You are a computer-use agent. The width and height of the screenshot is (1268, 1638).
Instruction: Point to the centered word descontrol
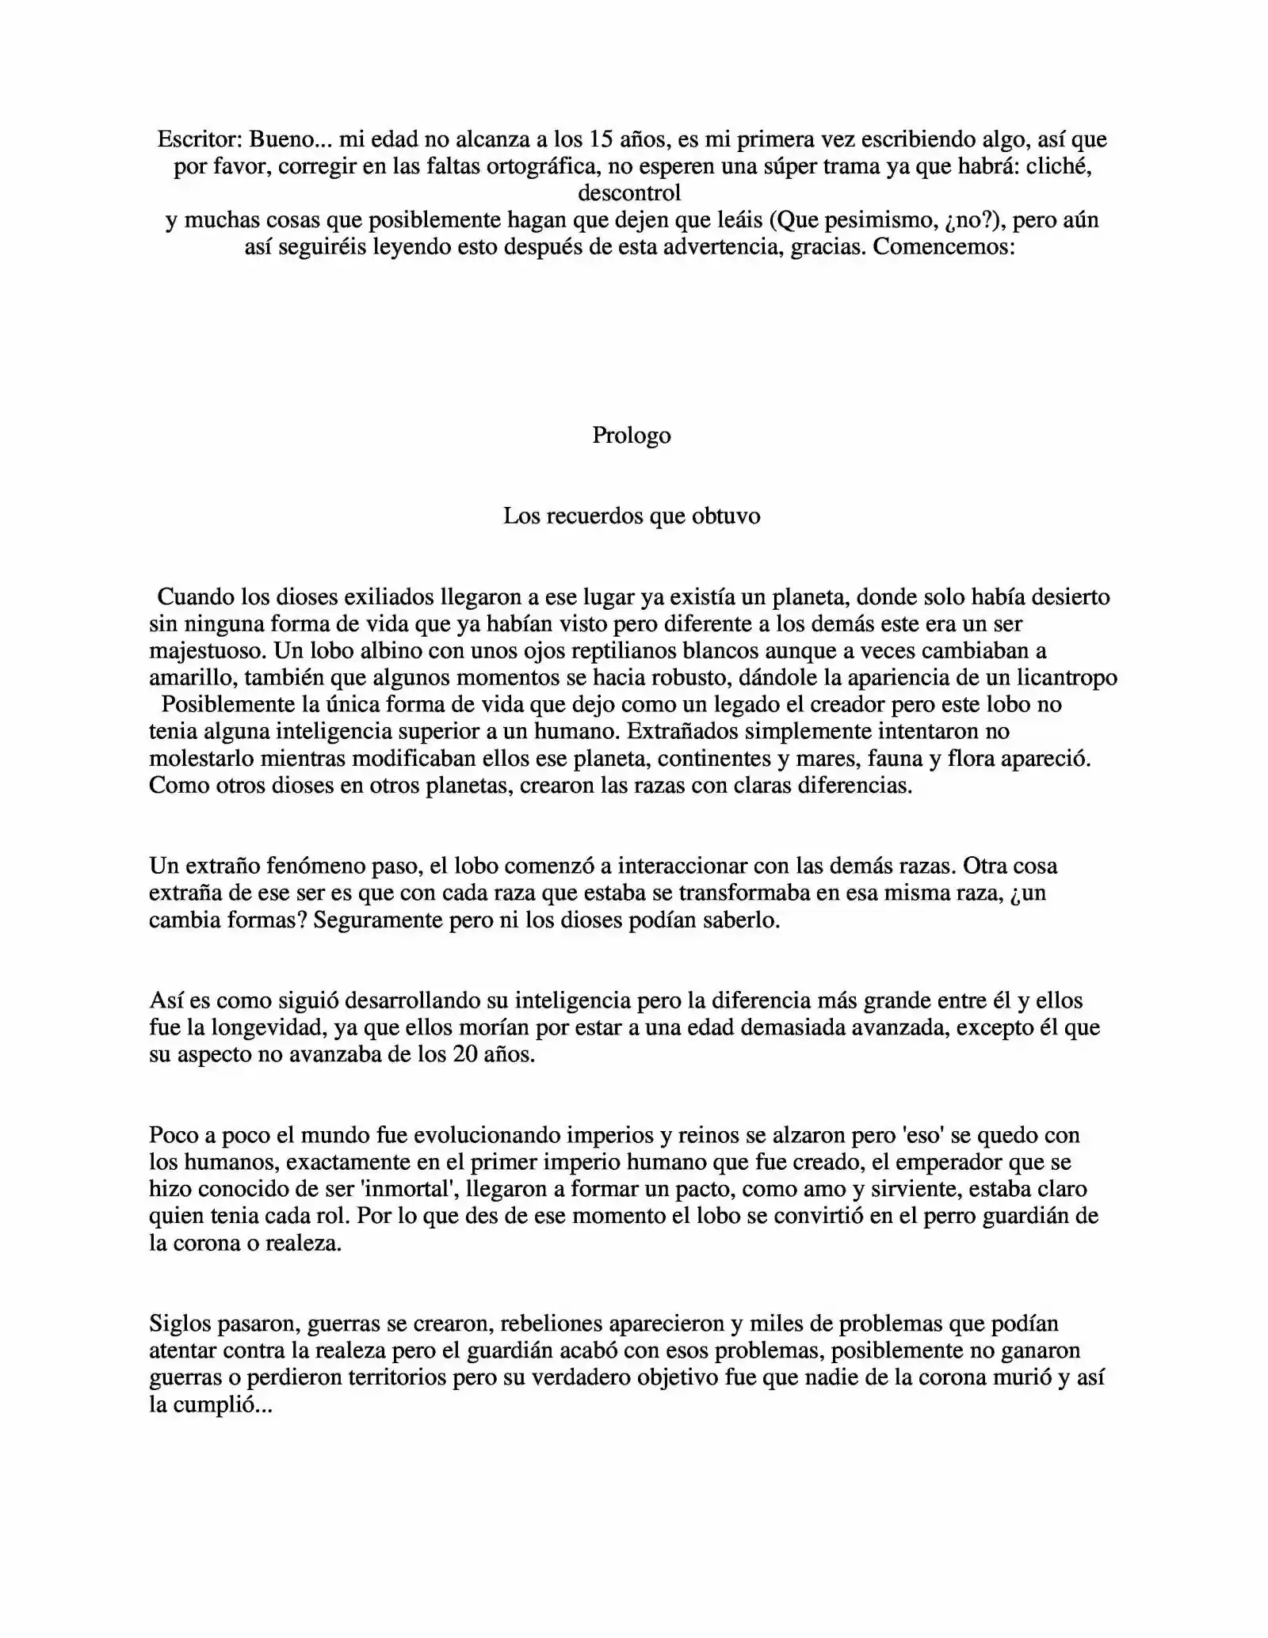tap(629, 193)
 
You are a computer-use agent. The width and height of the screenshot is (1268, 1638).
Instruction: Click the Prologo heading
tap(632, 436)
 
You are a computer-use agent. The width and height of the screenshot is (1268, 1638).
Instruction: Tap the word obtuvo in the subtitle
tap(726, 516)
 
